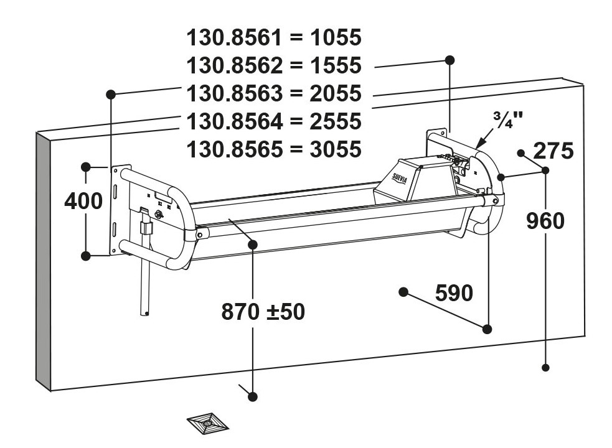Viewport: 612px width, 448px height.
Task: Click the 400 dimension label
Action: pyautogui.click(x=83, y=202)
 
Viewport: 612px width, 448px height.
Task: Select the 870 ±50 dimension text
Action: pyautogui.click(x=263, y=312)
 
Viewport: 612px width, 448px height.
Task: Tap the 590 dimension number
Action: pyautogui.click(x=454, y=293)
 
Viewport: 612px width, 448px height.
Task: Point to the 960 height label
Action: pyautogui.click(x=545, y=222)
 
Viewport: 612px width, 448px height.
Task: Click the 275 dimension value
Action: pyautogui.click(x=553, y=151)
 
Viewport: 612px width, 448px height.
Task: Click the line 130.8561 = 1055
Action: pyautogui.click(x=274, y=38)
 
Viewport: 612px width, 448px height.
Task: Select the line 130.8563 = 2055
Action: pyautogui.click(x=274, y=94)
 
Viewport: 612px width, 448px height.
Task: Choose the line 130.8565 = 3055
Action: pyautogui.click(x=274, y=149)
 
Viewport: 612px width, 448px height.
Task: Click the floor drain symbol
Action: pyautogui.click(x=207, y=422)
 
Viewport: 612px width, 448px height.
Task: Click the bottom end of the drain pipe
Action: pyautogui.click(x=145, y=313)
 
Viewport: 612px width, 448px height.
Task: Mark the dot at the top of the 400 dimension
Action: pyautogui.click(x=86, y=167)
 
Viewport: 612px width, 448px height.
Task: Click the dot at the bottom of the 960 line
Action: pyautogui.click(x=545, y=367)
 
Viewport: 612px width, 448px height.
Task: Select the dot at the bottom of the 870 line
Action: pyautogui.click(x=253, y=396)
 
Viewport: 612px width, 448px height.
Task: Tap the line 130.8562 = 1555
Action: pyautogui.click(x=274, y=65)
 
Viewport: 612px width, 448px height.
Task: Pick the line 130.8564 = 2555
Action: pyautogui.click(x=274, y=121)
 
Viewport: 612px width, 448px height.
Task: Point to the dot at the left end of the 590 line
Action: pyautogui.click(x=403, y=292)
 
